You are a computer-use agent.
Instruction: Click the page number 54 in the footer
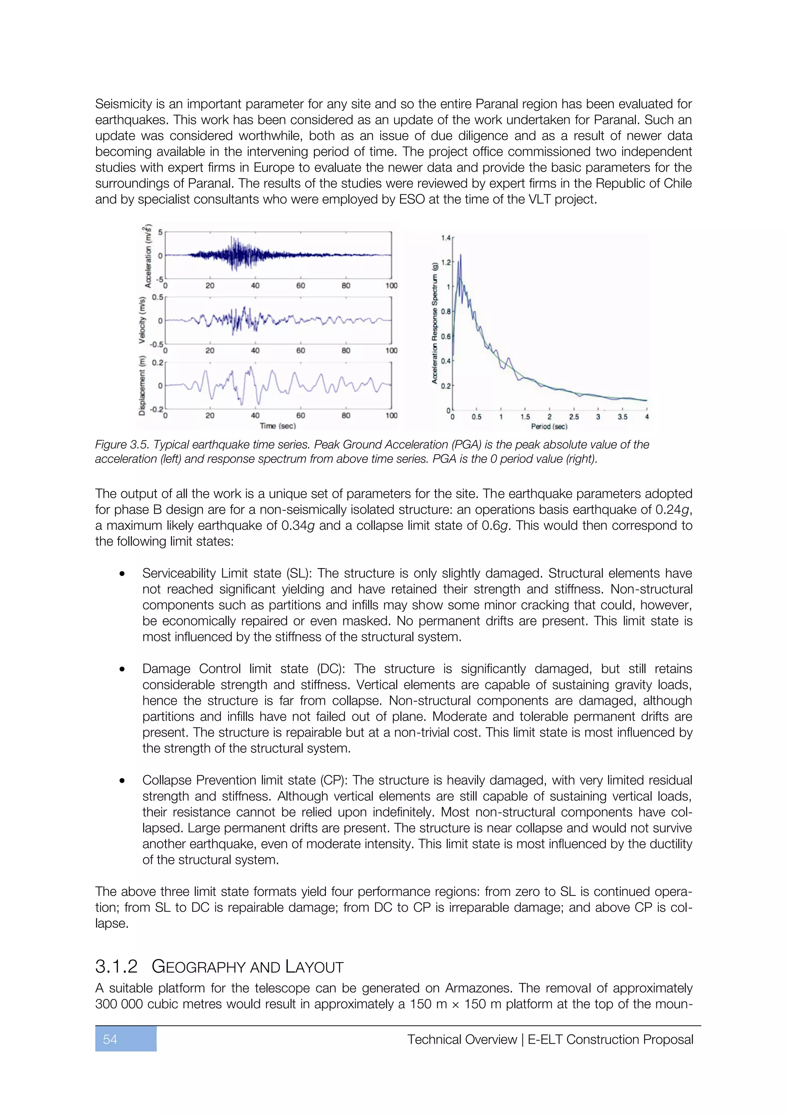coord(110,1039)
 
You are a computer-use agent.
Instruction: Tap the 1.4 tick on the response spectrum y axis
coord(446,238)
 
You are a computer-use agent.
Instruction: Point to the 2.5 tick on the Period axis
coord(574,417)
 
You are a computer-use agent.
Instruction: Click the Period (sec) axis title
coord(549,427)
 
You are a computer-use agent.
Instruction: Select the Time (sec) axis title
coord(277,426)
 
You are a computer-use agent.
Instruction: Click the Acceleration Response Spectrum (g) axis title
coord(435,323)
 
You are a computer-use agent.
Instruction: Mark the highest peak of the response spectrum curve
coord(460,255)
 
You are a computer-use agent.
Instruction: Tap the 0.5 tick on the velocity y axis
coord(158,297)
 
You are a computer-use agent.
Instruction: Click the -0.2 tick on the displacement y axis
coord(156,410)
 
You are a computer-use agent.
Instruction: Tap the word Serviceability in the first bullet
coord(179,573)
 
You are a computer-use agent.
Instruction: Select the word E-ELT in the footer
coord(545,1039)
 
